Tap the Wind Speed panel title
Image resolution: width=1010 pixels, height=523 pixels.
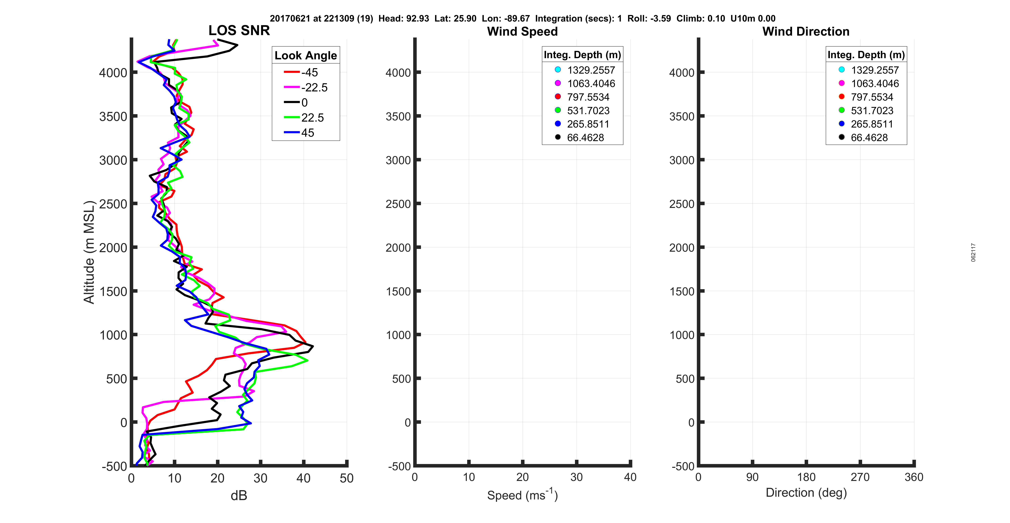522,31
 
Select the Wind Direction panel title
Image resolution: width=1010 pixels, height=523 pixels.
806,31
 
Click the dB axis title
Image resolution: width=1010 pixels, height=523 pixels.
239,496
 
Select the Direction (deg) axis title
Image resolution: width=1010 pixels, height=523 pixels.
806,492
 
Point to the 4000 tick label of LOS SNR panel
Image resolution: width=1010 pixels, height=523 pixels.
113,73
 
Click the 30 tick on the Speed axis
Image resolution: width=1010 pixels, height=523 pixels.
576,477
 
